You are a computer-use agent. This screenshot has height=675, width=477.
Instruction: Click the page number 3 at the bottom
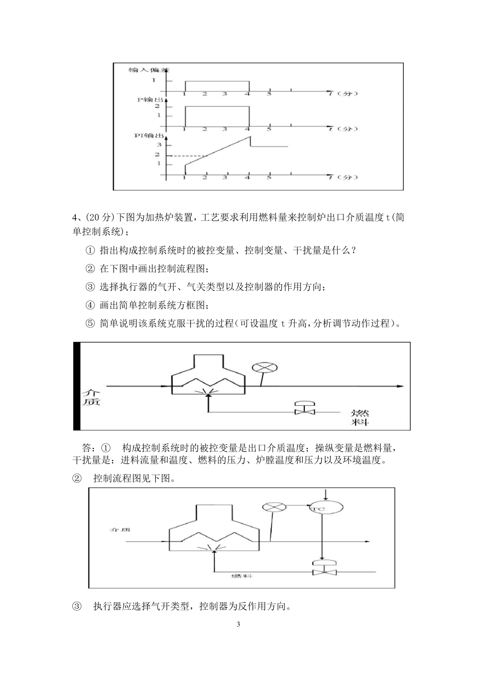coord(238,624)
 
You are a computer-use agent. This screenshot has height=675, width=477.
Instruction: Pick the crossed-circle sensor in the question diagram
coord(265,367)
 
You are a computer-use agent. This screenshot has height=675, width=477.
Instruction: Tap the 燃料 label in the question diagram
coord(360,417)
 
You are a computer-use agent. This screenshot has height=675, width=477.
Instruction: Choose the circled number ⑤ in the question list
coord(90,323)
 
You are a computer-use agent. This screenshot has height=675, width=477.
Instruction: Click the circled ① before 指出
coord(90,250)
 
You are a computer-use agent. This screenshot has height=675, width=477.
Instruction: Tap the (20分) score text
coord(100,218)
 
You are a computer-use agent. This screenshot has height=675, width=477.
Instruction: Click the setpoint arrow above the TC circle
coord(326,494)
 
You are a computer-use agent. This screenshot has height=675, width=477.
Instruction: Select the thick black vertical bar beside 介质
coord(77,386)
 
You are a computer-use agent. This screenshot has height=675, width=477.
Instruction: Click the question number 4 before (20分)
coord(75,218)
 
